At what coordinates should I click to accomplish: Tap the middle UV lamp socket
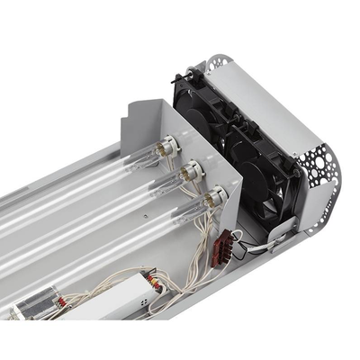click(x=191, y=169)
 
